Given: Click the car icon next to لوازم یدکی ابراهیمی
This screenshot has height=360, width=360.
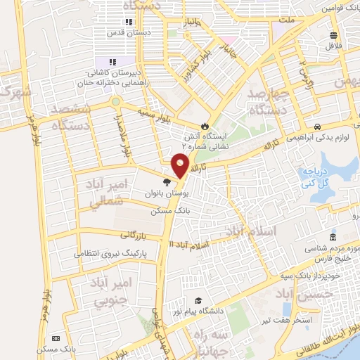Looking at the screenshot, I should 319,127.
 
